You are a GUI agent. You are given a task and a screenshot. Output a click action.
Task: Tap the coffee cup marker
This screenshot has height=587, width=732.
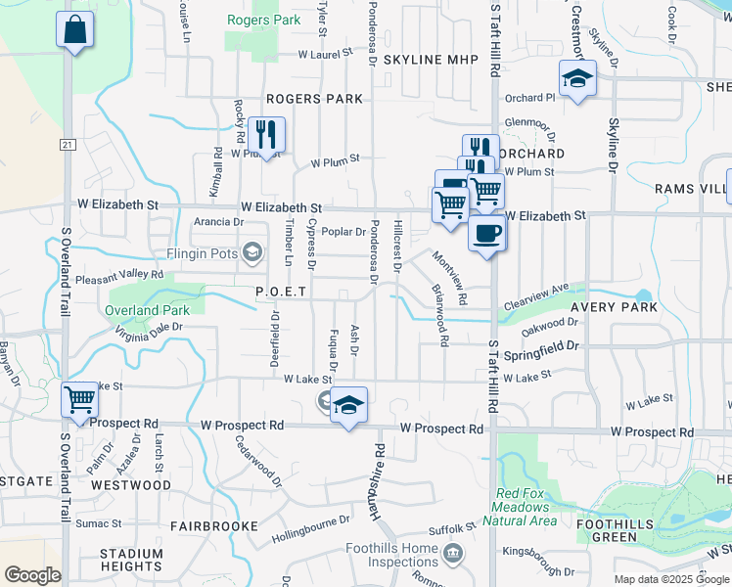[487, 233]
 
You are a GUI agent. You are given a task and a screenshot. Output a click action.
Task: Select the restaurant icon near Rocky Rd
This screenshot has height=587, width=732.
[266, 135]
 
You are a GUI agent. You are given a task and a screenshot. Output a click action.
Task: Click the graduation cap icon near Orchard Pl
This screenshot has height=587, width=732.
[577, 78]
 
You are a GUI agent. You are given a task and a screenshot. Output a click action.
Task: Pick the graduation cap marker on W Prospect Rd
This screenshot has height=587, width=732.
[347, 404]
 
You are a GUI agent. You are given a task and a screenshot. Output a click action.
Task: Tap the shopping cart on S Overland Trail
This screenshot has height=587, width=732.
[79, 399]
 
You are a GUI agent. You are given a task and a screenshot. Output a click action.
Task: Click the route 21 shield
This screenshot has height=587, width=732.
[67, 145]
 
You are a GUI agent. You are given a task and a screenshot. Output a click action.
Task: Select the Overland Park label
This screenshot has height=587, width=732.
[146, 310]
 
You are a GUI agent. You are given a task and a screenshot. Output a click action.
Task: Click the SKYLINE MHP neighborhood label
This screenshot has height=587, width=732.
[431, 60]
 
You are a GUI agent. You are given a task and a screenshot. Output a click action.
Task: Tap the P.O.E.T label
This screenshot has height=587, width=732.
[282, 292]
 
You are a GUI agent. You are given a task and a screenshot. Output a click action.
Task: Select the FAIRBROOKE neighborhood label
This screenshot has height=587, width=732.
[206, 525]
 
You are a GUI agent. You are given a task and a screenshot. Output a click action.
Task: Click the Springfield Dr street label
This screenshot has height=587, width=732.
[545, 345]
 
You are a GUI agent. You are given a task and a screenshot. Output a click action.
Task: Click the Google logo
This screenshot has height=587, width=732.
[32, 575]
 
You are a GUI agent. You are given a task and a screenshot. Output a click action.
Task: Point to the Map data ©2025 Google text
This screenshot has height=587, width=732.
[669, 579]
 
